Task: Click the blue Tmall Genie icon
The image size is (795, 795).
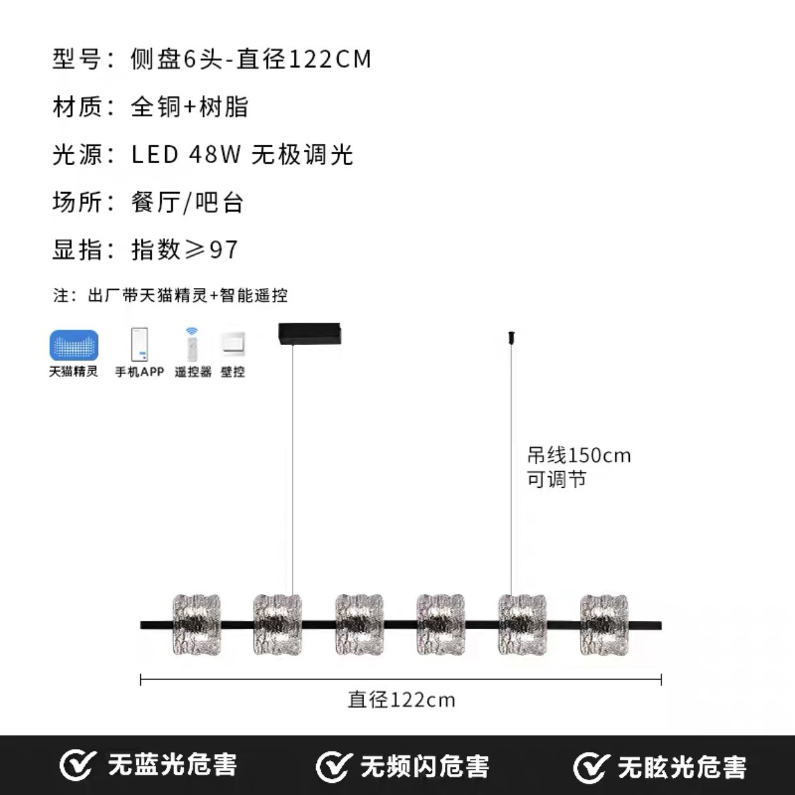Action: point(74,345)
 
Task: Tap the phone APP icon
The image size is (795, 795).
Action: point(140,344)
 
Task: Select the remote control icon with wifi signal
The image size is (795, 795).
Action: point(192,344)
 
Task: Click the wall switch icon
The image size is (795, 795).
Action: point(233,344)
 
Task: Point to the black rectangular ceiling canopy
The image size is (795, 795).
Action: point(309,333)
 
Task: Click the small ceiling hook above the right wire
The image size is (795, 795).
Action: point(512,337)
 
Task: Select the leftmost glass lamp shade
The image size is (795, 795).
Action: point(197,625)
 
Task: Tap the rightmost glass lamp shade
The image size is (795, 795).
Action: point(604,625)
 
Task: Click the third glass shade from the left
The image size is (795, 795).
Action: point(359,625)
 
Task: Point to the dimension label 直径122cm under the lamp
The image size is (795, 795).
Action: point(401,700)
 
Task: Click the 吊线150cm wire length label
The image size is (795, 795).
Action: point(579,456)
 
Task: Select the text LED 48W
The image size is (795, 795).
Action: point(186,155)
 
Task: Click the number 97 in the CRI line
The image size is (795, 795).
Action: point(224,250)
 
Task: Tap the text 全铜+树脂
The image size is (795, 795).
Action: point(189,107)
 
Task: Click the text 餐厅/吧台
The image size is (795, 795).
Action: point(188,202)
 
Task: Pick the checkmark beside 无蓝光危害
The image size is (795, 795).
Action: point(76,766)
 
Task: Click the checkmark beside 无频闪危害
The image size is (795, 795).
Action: point(333,766)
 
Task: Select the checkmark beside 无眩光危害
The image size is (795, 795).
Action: point(590,766)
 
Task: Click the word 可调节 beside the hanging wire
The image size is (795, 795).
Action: point(556,480)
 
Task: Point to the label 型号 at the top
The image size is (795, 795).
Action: point(77,60)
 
